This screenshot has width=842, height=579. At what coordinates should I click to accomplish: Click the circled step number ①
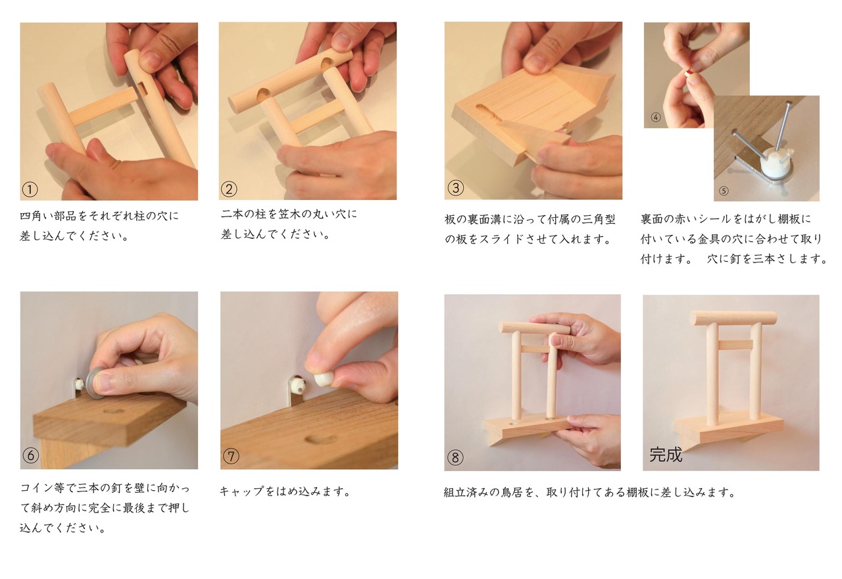point(30,189)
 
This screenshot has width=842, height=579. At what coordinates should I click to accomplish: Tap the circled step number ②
point(229,189)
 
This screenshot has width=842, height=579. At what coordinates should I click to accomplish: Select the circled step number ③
point(455,188)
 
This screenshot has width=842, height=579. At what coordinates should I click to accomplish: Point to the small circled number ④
point(655,118)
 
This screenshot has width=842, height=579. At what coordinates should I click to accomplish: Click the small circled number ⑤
point(724,191)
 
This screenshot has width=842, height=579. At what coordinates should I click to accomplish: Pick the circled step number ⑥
point(30,455)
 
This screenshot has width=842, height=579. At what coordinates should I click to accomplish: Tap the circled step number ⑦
point(230,455)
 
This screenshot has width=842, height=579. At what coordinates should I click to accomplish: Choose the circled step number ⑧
point(455,457)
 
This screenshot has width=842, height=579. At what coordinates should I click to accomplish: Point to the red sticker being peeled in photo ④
point(690,73)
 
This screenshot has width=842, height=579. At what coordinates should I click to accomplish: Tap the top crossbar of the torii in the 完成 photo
point(732,318)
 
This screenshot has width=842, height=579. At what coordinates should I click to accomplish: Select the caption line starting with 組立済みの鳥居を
point(589,492)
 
